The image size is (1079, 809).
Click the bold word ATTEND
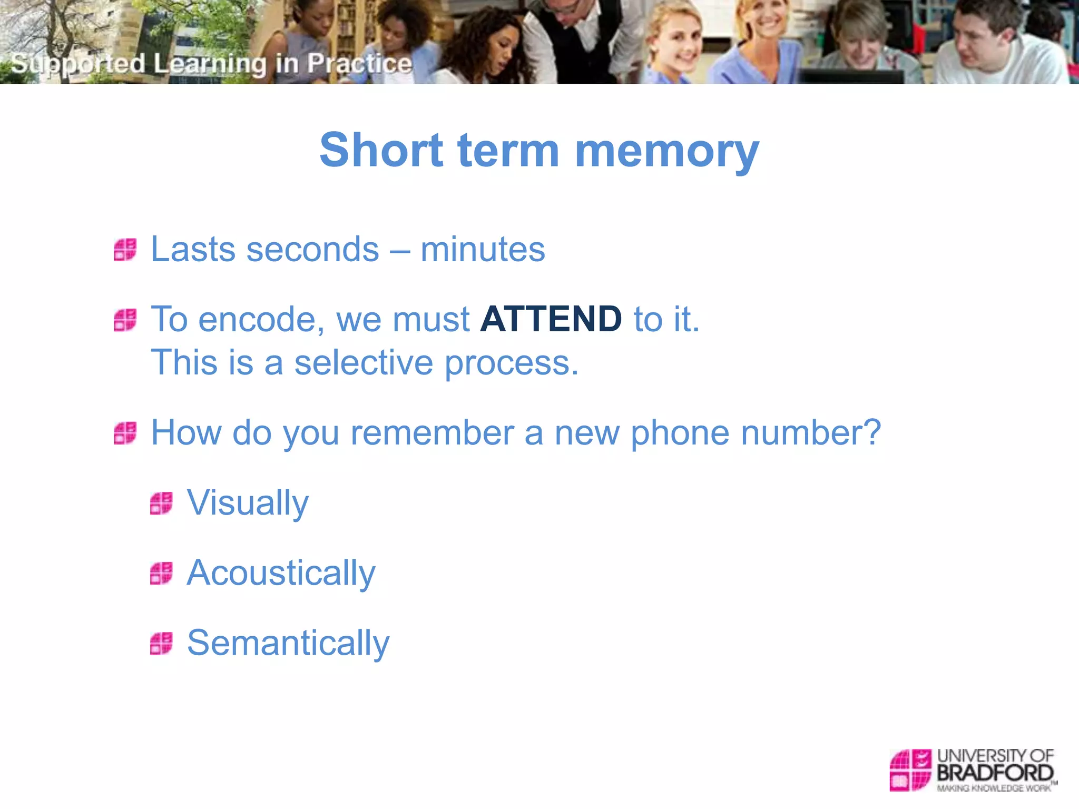551,319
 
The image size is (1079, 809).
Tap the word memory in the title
667,151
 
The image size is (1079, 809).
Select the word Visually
248,503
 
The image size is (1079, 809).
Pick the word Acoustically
281,573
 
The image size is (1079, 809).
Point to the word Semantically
288,643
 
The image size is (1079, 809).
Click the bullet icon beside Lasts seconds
125,250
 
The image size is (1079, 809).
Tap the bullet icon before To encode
125,320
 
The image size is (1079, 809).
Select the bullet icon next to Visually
161,503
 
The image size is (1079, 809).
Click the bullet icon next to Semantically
161,643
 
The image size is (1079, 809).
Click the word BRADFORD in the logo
995,773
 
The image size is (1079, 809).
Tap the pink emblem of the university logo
910,769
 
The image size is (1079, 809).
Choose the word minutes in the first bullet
483,249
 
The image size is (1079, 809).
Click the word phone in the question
680,433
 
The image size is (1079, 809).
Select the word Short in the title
381,151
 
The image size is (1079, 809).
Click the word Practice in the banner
359,64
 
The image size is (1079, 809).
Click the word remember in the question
432,433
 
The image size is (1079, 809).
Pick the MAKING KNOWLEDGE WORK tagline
994,788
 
